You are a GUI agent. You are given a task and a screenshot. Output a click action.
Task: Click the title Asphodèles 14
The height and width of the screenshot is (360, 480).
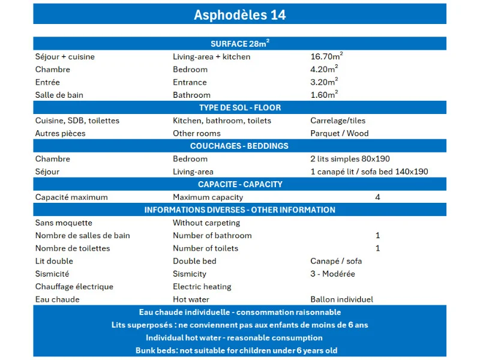point(239,14)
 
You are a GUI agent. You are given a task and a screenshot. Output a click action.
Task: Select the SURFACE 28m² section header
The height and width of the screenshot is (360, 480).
point(239,43)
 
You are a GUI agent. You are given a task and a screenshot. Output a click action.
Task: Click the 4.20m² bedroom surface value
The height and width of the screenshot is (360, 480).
point(324,69)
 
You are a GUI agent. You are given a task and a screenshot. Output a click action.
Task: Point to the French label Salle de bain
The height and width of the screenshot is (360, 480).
point(59,95)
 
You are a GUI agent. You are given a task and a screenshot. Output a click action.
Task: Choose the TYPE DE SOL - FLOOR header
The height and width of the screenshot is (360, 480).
point(239,107)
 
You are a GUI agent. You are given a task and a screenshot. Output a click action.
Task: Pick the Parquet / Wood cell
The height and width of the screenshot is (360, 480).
point(339,133)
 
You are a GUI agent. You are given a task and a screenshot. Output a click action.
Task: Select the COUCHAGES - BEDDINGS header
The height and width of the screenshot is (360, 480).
point(239,146)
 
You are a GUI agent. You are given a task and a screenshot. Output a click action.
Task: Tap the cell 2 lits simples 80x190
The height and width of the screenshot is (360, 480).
point(350,159)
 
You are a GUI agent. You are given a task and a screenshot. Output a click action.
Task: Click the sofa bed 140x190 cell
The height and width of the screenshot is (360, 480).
point(369,172)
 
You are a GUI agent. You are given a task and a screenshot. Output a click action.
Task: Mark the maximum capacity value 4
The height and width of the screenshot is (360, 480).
point(377,197)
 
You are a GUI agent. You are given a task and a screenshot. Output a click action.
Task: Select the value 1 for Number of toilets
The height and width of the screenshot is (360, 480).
point(377,248)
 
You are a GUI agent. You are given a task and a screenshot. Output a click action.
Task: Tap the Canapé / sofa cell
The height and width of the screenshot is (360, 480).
point(336,261)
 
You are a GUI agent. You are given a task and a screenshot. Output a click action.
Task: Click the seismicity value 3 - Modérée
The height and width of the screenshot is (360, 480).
point(332,274)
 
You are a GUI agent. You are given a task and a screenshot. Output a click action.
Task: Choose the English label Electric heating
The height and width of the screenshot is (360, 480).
point(202,287)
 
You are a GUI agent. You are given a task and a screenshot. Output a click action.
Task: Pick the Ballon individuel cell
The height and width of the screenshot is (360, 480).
point(341,299)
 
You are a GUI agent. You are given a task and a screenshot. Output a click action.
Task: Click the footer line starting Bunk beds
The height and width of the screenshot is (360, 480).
point(239,350)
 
